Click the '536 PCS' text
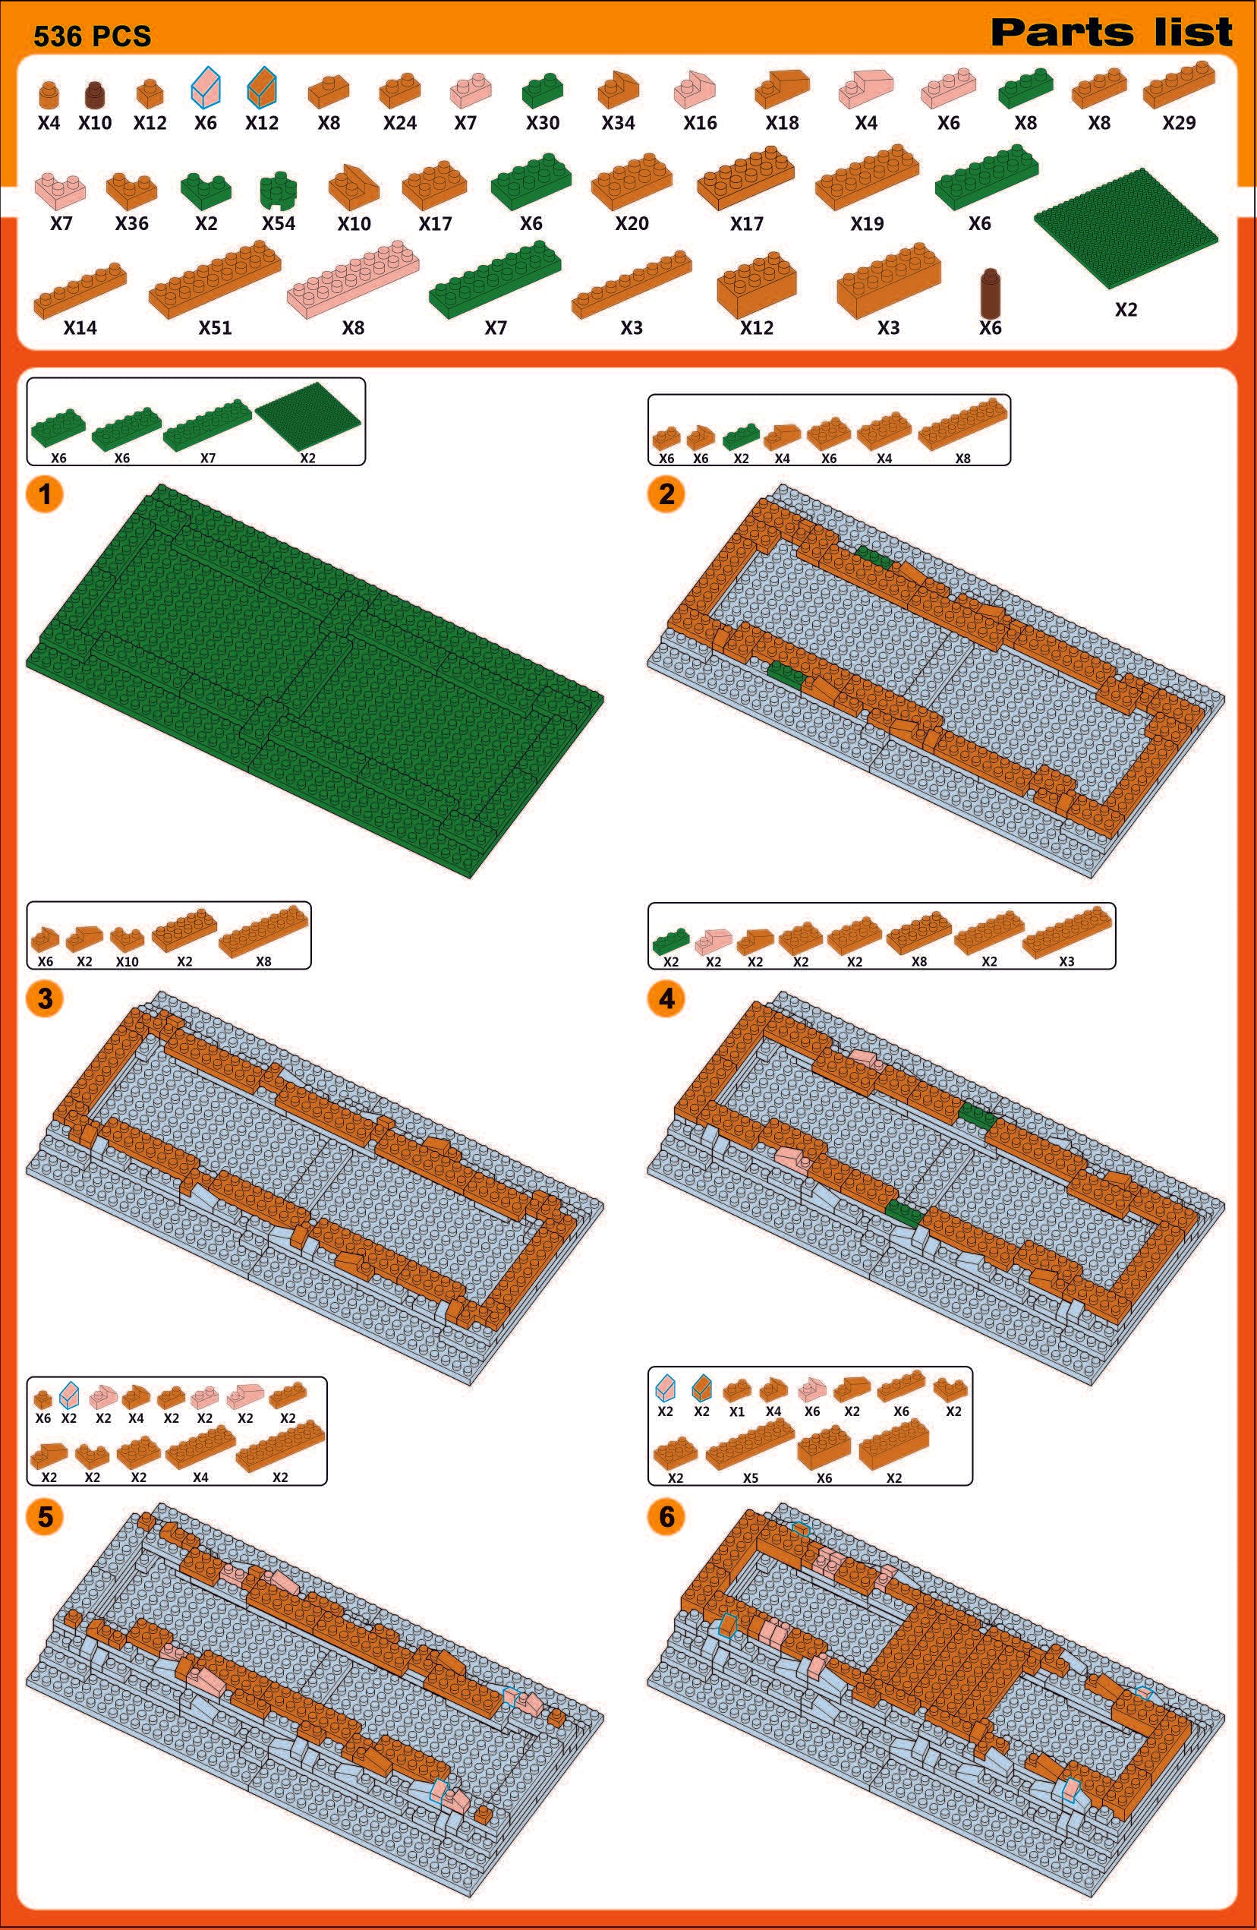[93, 36]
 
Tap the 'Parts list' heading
[1111, 33]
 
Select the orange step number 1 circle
[45, 493]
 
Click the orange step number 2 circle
[666, 493]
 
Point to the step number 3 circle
[45, 998]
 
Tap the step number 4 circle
[666, 998]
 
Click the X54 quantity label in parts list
[278, 223]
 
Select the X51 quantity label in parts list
[215, 327]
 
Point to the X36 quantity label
[131, 223]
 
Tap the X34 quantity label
[618, 122]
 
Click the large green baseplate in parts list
[1126, 228]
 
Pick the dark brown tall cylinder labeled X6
[989, 293]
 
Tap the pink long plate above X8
[353, 278]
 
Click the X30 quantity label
[543, 122]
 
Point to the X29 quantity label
[1178, 122]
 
